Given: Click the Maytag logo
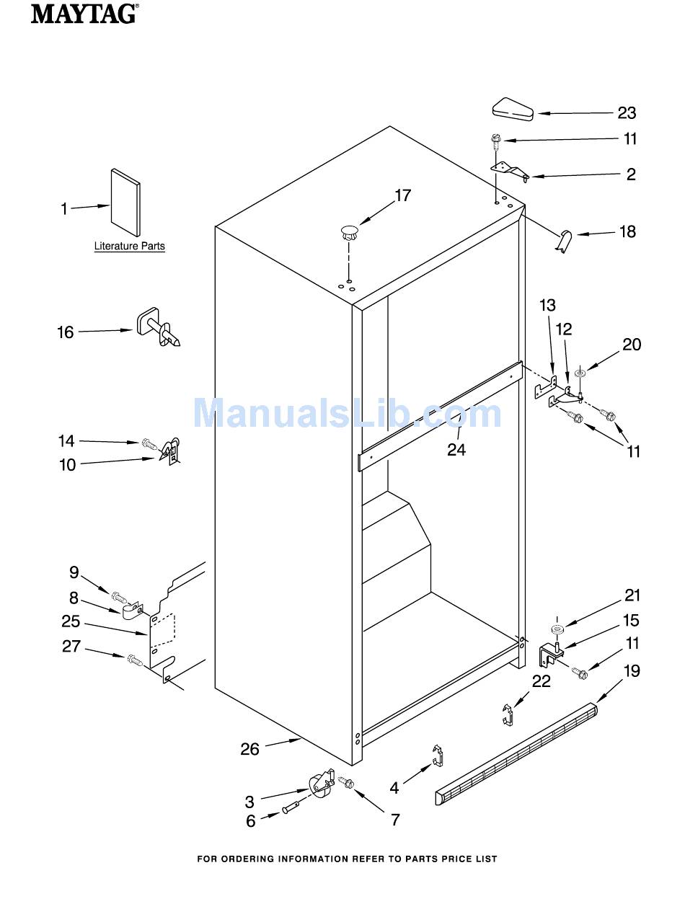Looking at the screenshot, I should (84, 13).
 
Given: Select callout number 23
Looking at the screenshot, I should (626, 112).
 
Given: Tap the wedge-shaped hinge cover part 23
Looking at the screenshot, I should (513, 110).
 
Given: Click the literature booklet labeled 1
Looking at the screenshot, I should (125, 202).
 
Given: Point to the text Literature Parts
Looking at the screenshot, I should (129, 247).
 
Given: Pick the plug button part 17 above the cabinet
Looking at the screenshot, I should (350, 233).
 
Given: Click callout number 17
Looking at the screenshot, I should (402, 195).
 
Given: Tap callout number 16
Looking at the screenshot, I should (66, 332).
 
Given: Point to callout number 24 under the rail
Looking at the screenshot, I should (456, 450).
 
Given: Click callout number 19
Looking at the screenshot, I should (631, 671).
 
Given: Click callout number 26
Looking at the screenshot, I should (249, 749).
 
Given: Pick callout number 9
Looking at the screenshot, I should (74, 572).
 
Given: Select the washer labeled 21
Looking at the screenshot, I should (557, 630).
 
